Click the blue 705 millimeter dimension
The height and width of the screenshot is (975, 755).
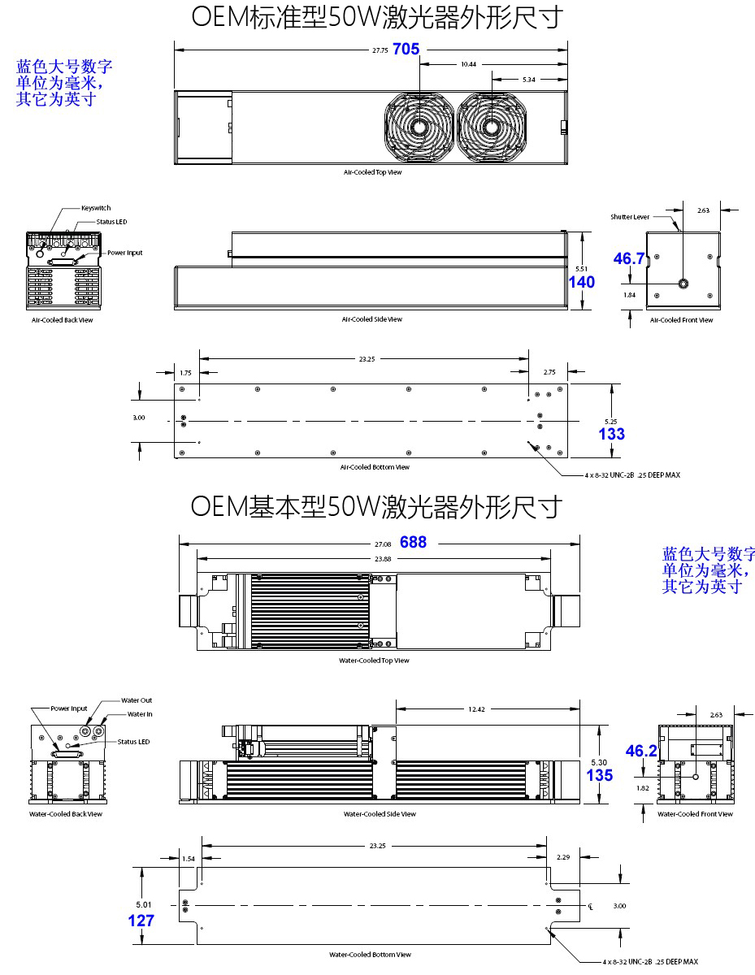406,50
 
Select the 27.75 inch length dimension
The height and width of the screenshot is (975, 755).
380,50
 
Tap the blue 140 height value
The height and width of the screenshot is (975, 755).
582,283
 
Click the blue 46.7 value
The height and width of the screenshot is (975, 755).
628,258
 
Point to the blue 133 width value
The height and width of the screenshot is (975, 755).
611,434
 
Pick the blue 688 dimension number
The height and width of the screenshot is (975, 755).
413,542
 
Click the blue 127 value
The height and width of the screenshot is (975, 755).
141,921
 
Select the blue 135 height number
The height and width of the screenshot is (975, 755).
599,775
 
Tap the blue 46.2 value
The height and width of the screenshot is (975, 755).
641,751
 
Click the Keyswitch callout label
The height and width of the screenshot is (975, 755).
96,208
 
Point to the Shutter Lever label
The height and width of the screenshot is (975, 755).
630,217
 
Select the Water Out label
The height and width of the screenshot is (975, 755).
137,700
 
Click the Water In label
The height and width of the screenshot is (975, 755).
140,714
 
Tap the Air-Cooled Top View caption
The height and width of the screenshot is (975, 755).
372,172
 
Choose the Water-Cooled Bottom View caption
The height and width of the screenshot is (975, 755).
370,955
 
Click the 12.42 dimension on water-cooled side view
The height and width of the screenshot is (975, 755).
476,709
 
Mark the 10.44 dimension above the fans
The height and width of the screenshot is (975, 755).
468,64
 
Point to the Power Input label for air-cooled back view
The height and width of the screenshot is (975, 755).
125,253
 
